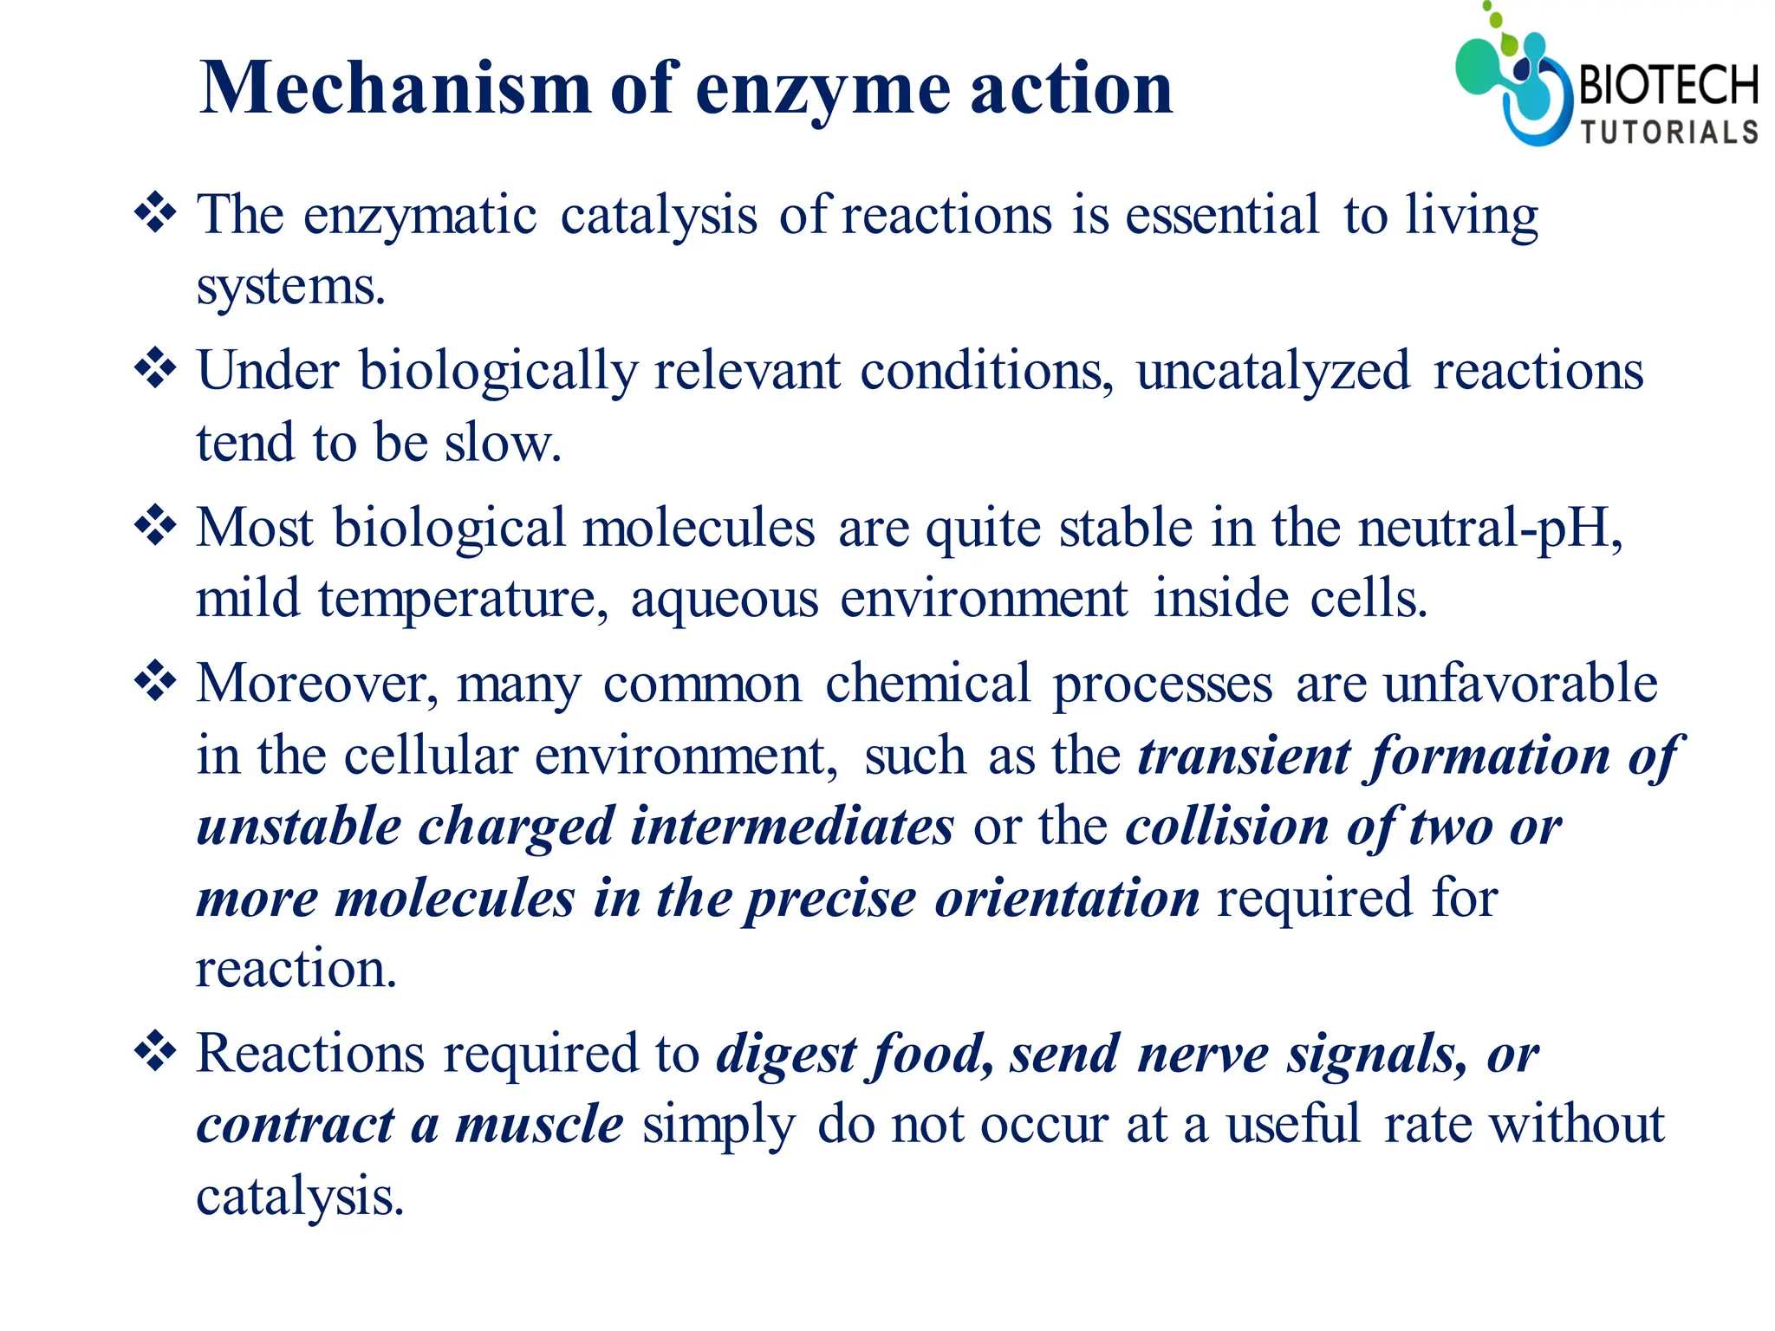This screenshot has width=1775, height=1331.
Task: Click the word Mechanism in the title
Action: click(x=395, y=88)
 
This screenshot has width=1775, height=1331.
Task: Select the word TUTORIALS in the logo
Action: click(x=1669, y=132)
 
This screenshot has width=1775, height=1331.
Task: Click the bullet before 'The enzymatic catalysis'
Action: click(x=156, y=212)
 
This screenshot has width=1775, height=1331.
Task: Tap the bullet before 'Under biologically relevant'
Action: click(x=156, y=368)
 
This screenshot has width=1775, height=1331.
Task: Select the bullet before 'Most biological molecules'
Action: click(x=156, y=525)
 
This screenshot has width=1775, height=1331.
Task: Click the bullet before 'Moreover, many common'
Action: click(x=156, y=681)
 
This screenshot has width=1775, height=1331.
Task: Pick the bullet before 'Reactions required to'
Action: click(x=156, y=1051)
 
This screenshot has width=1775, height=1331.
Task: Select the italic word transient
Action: click(x=1245, y=756)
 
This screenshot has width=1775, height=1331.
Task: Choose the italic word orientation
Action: click(x=1067, y=898)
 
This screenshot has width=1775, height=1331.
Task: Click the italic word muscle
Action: click(x=539, y=1125)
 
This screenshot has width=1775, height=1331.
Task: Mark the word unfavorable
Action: click(x=1520, y=685)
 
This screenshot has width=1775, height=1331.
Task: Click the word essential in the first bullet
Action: click(x=1222, y=215)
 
